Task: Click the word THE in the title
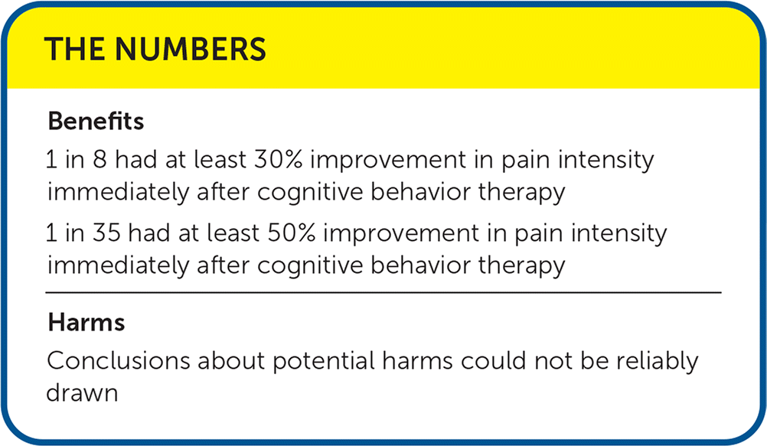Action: tap(74, 49)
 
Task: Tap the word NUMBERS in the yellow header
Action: tap(191, 49)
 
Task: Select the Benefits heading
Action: tap(96, 121)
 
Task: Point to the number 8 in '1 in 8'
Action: tap(100, 160)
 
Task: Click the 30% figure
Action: tap(278, 160)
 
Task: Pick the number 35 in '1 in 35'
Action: tap(106, 233)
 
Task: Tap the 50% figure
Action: tap(291, 233)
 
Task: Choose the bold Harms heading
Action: tap(86, 322)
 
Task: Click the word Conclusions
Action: tap(119, 361)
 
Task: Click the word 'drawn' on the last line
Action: tap(82, 392)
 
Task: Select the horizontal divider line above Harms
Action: tap(383, 292)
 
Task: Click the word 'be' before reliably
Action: tap(594, 361)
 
